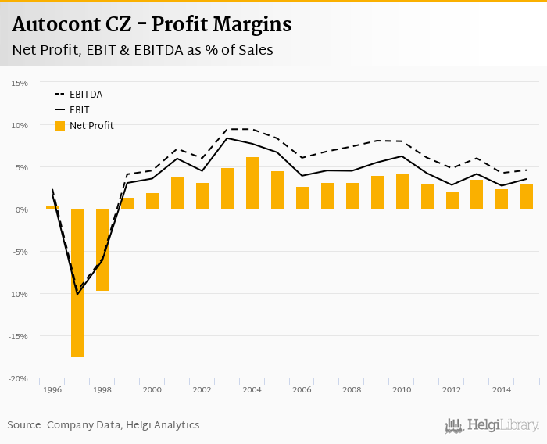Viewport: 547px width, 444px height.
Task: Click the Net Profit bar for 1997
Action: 77,283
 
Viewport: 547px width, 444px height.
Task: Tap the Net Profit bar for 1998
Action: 102,250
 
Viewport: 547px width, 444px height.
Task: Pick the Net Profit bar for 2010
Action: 402,192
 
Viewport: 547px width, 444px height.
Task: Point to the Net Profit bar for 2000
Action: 152,201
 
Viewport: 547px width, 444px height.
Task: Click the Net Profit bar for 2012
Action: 452,201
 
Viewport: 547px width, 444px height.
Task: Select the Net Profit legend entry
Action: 85,125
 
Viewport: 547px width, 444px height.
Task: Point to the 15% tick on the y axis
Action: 20,83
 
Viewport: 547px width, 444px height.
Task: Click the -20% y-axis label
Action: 19,378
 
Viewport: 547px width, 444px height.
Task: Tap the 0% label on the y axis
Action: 22,209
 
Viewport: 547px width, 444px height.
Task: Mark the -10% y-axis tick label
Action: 19,294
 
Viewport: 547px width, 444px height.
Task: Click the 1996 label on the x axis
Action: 52,389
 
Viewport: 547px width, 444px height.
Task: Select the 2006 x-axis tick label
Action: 302,389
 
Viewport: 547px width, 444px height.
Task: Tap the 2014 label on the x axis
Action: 502,389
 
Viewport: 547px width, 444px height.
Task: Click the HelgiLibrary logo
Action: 492,425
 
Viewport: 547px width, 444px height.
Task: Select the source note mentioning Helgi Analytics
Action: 103,425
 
